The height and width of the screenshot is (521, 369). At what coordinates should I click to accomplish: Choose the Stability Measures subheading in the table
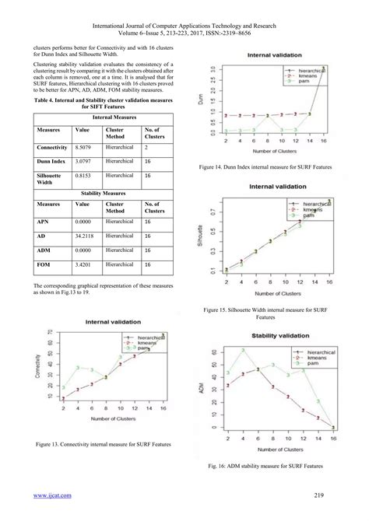pyautogui.click(x=103, y=193)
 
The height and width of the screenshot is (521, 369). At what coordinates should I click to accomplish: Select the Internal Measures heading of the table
pyautogui.click(x=103, y=117)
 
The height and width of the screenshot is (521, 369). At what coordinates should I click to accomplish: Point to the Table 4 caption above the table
pyautogui.click(x=103, y=103)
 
